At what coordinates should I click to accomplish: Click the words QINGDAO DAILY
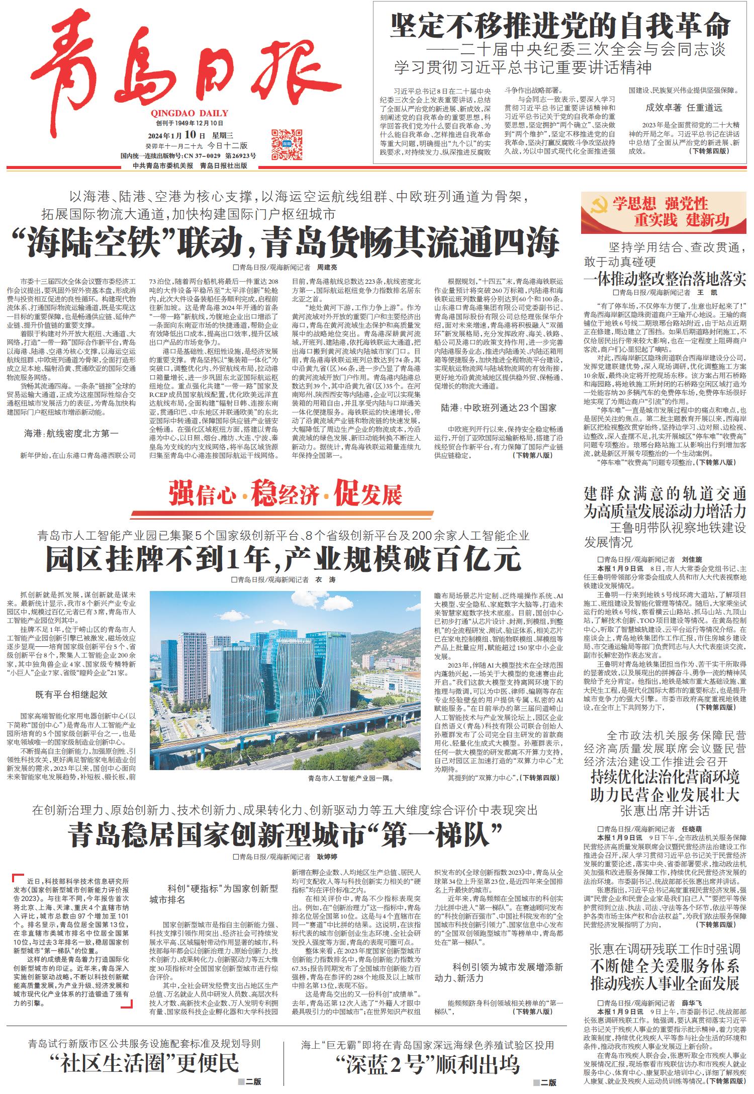click(189, 113)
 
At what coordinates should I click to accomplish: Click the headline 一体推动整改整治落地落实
click(665, 278)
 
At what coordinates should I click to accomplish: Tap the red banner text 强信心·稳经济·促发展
click(285, 493)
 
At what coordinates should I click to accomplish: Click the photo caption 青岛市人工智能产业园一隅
click(350, 778)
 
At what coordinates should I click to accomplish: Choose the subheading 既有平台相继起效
click(71, 695)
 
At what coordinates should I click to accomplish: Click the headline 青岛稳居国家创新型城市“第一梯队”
click(285, 834)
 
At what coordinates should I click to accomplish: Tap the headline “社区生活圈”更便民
click(145, 1063)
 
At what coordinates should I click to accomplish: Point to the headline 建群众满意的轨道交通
click(665, 493)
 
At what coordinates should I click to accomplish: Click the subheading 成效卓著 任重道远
click(684, 107)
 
